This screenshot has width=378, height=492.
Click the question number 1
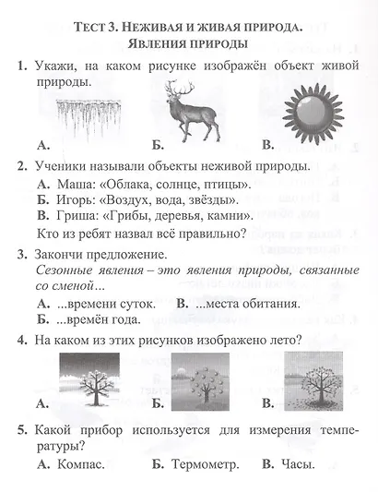pyautogui.click(x=21, y=66)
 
